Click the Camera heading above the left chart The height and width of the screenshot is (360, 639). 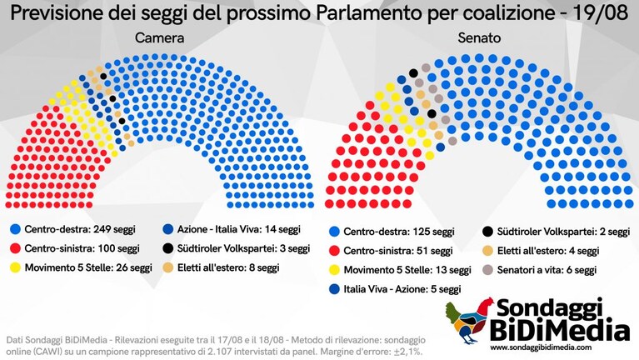[x=159, y=37]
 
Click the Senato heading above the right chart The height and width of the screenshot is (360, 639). [x=479, y=37]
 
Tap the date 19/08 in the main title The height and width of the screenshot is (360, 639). [x=600, y=13]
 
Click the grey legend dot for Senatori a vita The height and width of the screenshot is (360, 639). [x=487, y=269]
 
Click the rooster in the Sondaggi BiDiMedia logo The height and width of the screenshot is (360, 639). [x=470, y=321]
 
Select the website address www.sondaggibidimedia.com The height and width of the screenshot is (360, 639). [x=541, y=347]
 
